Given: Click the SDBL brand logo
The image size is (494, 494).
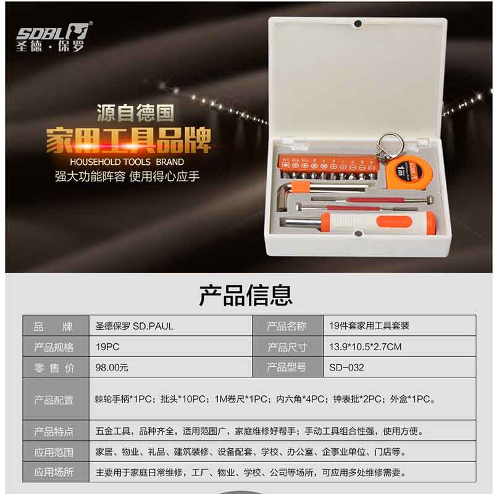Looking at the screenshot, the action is [54, 37].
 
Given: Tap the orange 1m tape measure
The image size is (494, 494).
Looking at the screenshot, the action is [409, 172].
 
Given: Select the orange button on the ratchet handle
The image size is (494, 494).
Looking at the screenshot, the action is [394, 222].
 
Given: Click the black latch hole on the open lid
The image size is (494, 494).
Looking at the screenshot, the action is [358, 23].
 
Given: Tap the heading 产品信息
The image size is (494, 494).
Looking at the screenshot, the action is [245, 295].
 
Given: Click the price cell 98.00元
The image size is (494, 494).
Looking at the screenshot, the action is [112, 367].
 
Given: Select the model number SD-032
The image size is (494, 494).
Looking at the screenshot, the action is [346, 367].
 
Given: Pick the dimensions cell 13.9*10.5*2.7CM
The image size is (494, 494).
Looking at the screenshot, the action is [366, 347].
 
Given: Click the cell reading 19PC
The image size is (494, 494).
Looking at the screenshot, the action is [107, 347].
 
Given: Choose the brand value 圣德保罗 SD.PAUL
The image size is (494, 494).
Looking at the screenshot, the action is [134, 326].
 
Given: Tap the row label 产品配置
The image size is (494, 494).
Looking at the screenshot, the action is [54, 400].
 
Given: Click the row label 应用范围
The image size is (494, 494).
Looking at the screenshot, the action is [54, 453].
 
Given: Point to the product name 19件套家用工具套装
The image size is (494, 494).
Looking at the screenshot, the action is [369, 326].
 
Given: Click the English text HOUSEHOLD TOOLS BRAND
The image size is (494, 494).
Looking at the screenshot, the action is [127, 162].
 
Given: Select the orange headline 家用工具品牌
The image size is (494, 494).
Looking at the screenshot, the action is [128, 141].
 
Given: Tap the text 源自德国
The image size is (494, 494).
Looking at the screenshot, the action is [135, 113].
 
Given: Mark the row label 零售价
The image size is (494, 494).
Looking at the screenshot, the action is [54, 367].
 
